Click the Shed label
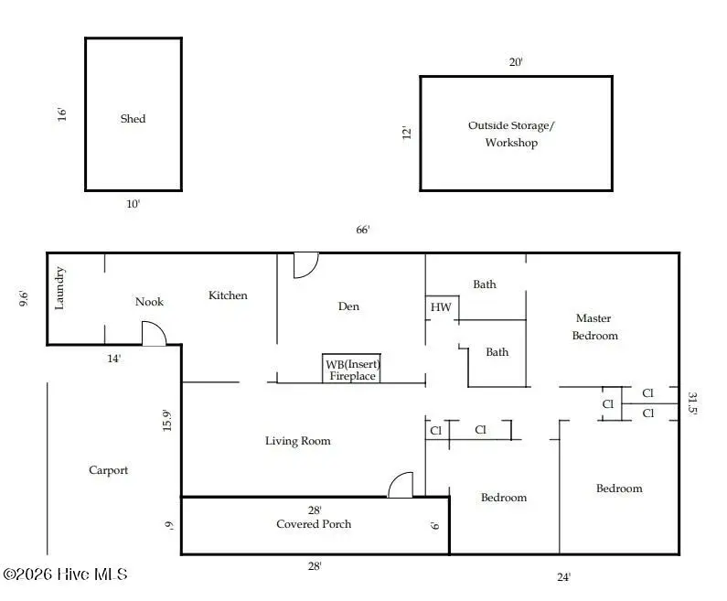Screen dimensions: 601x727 coord(133,119)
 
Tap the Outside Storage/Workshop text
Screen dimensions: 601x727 coord(511,134)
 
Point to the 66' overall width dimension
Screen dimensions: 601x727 coord(363,230)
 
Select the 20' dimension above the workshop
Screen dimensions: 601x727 coord(516,62)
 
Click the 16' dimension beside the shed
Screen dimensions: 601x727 coord(62,115)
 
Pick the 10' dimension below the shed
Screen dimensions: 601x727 coord(133,204)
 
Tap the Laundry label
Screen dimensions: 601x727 coord(60,288)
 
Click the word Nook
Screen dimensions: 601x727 coord(149,302)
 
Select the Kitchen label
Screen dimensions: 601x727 coord(228,295)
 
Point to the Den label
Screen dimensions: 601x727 coord(348,306)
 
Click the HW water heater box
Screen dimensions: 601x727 coord(442,308)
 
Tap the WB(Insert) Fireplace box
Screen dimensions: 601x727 coord(352,370)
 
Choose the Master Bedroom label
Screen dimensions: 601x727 coord(594,327)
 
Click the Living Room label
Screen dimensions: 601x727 coord(297,441)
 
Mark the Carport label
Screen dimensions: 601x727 coord(108,470)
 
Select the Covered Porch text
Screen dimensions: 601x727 coord(314,524)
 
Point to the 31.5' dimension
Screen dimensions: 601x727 coord(692,404)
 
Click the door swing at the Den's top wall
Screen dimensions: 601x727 coord(305,265)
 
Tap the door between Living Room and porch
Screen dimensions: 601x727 coord(401,485)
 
